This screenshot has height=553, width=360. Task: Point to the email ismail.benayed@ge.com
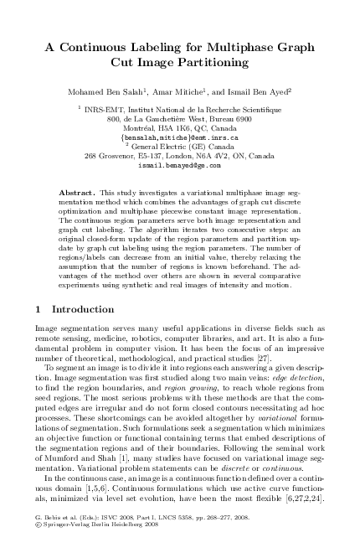180,166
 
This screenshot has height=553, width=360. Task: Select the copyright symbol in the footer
39,540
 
